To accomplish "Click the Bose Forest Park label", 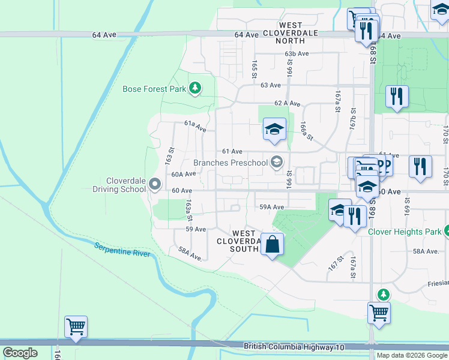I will point(154,89).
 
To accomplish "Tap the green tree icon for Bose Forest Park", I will point(194,89).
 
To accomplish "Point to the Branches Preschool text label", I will point(230,163).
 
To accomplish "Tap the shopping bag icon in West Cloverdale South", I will point(272,245).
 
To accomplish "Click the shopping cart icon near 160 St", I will point(76,328).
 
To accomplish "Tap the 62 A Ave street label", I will point(287,103).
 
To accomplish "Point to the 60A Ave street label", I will point(184,174).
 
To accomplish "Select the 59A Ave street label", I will point(271,207).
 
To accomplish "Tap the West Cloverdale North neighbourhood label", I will point(282,33).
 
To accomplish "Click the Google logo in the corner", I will point(20,353).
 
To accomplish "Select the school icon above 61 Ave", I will point(274,129).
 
